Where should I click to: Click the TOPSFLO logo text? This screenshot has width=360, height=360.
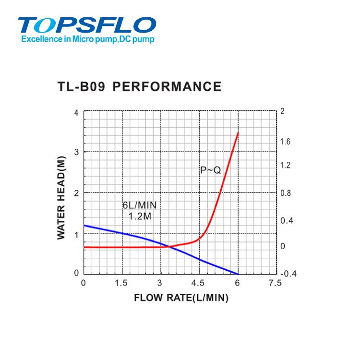(87, 25)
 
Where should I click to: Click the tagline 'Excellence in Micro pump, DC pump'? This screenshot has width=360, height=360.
(88, 40)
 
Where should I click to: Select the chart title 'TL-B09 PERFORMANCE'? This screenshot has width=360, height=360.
(139, 87)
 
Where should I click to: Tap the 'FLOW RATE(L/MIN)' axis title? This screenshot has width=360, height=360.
(181, 298)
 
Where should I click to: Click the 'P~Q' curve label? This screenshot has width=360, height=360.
(210, 170)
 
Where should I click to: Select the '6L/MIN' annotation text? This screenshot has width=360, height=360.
(139, 205)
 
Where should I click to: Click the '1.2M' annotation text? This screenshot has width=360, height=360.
(140, 216)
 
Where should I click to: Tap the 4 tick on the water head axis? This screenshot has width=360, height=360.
(76, 112)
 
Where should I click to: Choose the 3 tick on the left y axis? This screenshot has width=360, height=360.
(76, 152)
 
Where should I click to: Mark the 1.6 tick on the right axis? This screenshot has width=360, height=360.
(286, 142)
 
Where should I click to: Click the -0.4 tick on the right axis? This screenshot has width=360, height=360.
(288, 274)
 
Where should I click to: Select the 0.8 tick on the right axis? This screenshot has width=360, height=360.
(286, 193)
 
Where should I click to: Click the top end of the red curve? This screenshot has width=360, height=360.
(238, 132)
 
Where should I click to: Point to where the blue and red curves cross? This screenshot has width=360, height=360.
(166, 247)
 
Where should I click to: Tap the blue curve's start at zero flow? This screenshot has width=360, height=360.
(84, 225)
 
